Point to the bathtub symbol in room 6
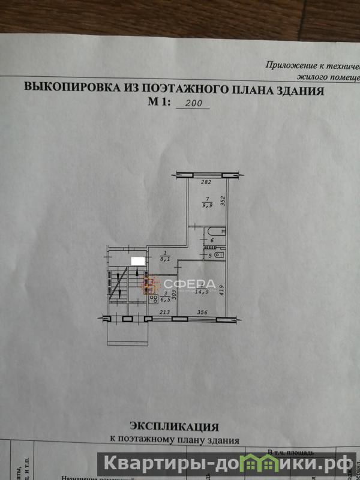point(214,231)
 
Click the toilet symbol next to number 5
point(218,255)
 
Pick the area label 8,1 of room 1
point(166,259)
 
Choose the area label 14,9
point(202,292)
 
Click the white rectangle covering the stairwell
point(137,260)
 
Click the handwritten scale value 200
point(193,103)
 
